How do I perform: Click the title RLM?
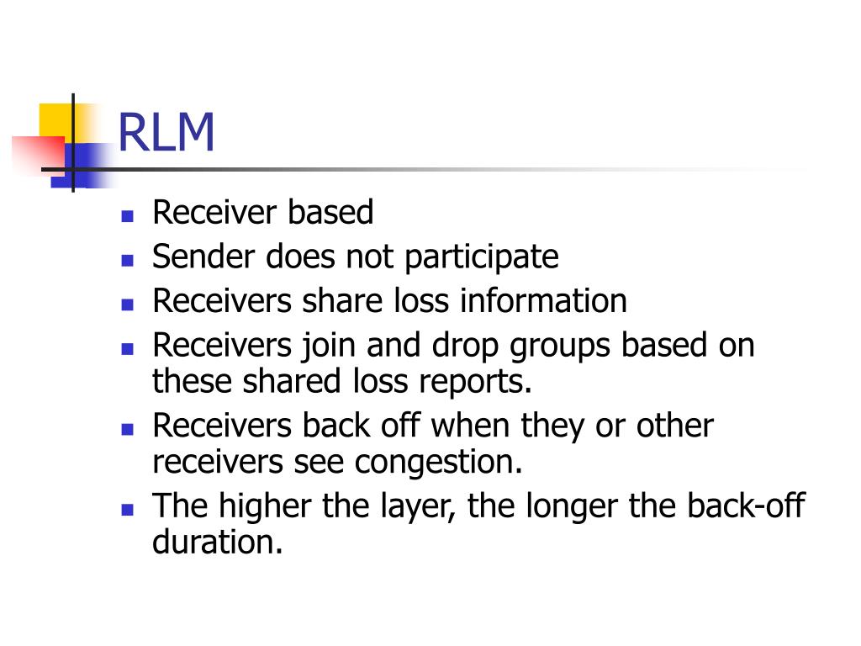[166, 133]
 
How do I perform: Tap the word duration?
[217, 543]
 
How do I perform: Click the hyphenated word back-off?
[746, 506]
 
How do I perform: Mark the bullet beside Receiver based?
[128, 215]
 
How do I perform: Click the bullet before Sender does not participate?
[128, 259]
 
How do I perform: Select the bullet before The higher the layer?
[128, 509]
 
